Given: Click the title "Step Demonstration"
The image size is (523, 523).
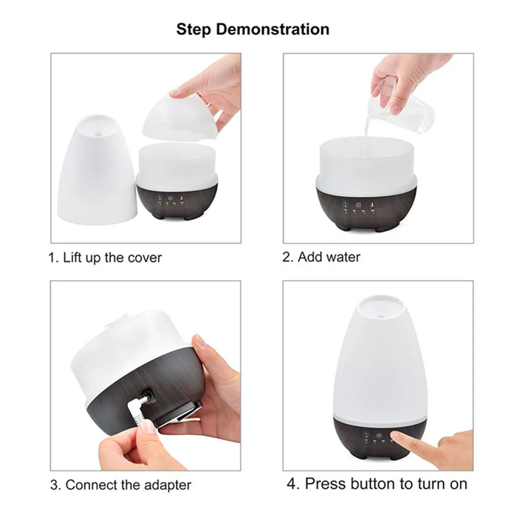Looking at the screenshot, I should coord(253,29).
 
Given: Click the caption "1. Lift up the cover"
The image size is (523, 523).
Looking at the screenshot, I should coord(105,257).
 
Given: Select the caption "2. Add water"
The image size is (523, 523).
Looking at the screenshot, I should coord(321,256).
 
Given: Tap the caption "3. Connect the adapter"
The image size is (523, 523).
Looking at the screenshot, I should coord(121,484).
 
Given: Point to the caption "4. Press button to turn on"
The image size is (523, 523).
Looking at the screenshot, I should coord(377,483).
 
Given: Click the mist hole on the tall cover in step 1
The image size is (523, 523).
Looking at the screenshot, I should coord(98,123).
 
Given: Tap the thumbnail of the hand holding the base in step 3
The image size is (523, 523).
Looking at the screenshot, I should coord(200,341).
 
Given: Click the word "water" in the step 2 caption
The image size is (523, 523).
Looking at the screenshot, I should coord(343,256).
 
